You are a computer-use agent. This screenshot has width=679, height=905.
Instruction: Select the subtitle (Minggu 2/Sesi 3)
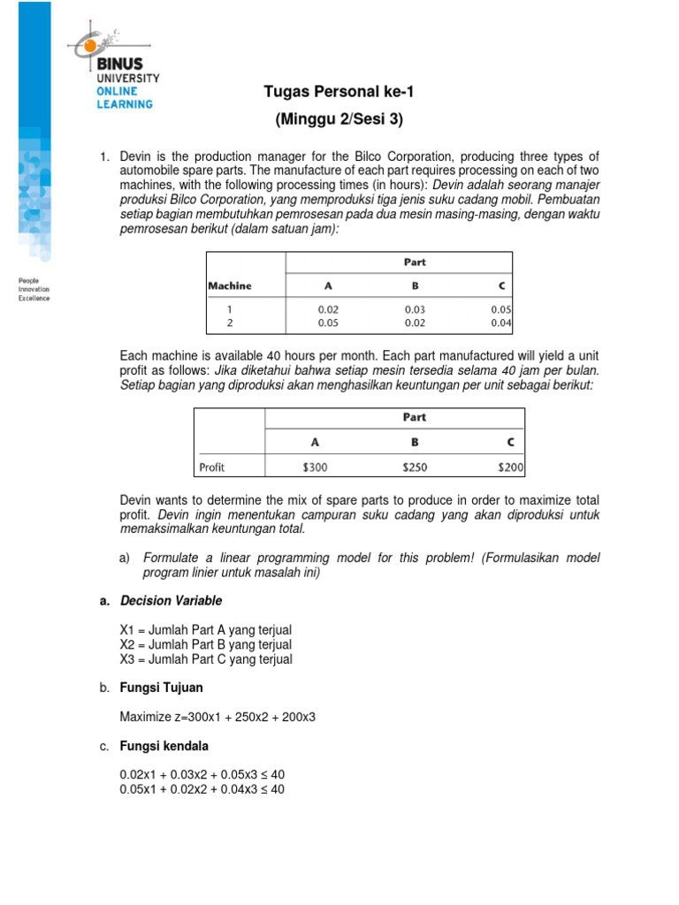pyautogui.click(x=339, y=118)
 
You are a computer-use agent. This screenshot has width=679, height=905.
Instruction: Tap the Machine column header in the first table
pyautogui.click(x=229, y=285)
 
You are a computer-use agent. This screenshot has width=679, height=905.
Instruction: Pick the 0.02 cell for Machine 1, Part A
pyautogui.click(x=328, y=310)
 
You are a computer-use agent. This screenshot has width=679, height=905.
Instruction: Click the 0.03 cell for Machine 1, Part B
pyautogui.click(x=415, y=310)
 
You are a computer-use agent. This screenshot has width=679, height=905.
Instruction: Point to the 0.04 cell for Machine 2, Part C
pyautogui.click(x=501, y=324)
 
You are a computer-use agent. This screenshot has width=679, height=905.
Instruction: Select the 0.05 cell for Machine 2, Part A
pyautogui.click(x=328, y=324)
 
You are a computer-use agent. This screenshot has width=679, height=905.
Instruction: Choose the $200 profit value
pyautogui.click(x=509, y=467)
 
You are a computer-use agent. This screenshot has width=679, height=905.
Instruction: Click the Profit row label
pyautogui.click(x=212, y=467)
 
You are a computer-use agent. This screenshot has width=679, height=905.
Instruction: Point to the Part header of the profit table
pyautogui.click(x=414, y=418)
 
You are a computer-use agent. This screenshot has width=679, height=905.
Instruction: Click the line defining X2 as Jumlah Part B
pyautogui.click(x=205, y=644)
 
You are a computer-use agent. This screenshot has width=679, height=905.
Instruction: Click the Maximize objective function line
pyautogui.click(x=217, y=717)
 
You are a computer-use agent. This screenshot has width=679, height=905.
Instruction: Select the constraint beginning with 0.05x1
pyautogui.click(x=202, y=789)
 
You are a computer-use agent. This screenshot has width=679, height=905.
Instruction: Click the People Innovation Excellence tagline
pyautogui.click(x=34, y=289)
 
